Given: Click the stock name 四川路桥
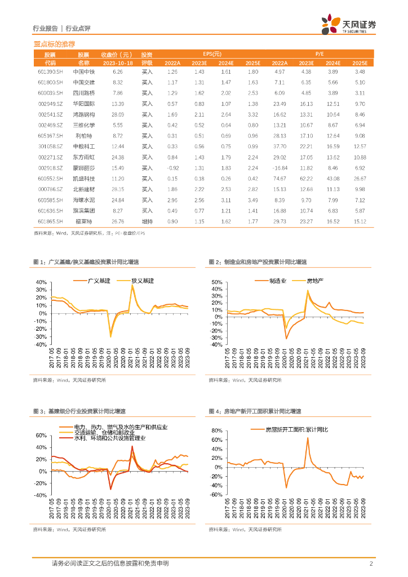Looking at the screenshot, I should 84,92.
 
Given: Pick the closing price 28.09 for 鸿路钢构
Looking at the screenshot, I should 117,114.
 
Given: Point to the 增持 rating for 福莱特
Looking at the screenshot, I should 147,221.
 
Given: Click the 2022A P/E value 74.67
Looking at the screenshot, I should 279,179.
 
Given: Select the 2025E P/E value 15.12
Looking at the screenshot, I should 360,221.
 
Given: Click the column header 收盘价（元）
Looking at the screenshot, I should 117,54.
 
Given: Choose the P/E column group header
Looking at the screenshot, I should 319,54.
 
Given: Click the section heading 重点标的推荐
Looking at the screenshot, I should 55,43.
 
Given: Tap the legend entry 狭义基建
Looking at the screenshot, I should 142,280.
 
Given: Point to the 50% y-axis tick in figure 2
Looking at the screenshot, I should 218,282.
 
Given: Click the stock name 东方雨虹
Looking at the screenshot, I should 84,157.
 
